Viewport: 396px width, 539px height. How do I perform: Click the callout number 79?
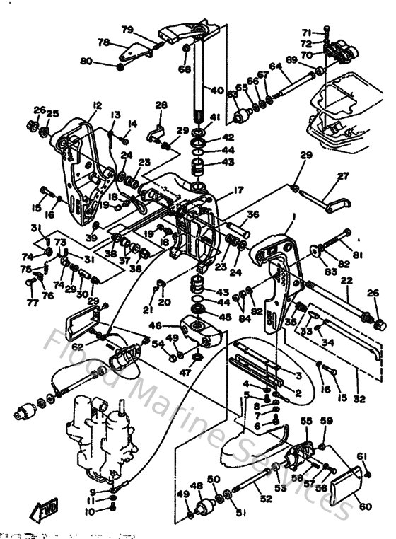[127, 30]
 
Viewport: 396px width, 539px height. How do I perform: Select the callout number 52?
[266, 499]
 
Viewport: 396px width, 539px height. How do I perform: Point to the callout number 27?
[344, 177]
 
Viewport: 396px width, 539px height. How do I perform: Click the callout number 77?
[31, 303]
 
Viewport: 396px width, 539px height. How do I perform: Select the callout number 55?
[305, 421]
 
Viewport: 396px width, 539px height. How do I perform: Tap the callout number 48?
[195, 487]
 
